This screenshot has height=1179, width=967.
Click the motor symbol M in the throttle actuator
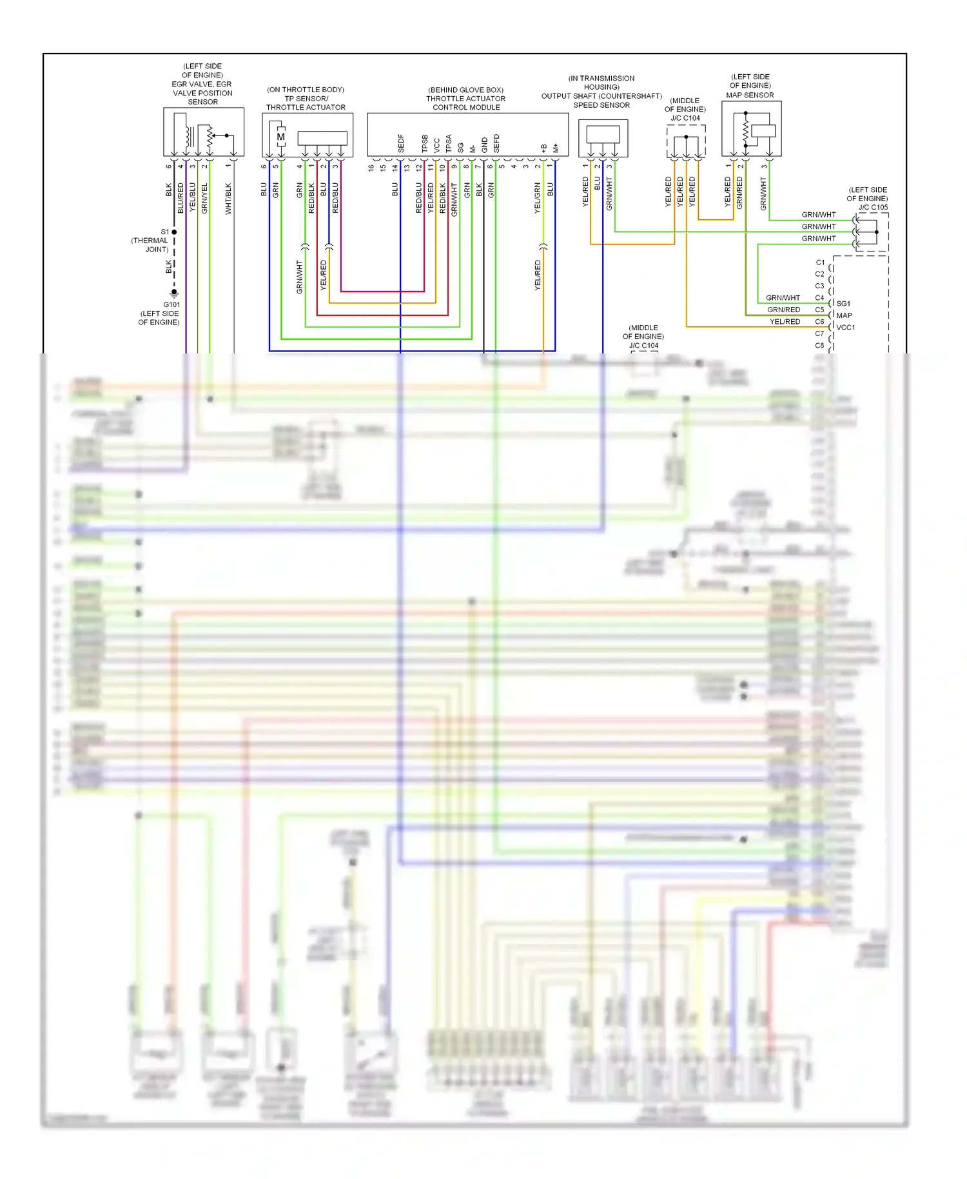pyautogui.click(x=280, y=137)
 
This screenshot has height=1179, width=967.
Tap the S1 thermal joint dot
pyautogui.click(x=174, y=232)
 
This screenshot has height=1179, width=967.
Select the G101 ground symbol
pyautogui.click(x=174, y=293)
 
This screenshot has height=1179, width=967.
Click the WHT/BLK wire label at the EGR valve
pyautogui.click(x=228, y=199)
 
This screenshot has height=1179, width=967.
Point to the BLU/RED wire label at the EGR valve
pyautogui.click(x=181, y=199)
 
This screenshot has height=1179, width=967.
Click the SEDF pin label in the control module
pyautogui.click(x=401, y=144)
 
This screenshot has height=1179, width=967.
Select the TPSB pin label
pyautogui.click(x=425, y=144)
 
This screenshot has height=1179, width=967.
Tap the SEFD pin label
pyautogui.click(x=496, y=144)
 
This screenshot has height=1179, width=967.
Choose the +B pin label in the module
pyautogui.click(x=543, y=148)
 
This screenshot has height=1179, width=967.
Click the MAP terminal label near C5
pyautogui.click(x=844, y=315)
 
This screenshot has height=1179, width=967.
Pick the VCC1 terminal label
pyautogui.click(x=846, y=328)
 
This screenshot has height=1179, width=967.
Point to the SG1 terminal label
pyautogui.click(x=843, y=303)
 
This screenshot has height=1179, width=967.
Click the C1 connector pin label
pyautogui.click(x=820, y=263)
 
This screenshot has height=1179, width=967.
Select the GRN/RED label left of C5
pyautogui.click(x=783, y=310)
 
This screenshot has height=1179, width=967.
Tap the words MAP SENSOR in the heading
pyautogui.click(x=750, y=95)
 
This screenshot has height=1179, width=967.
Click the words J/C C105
pyautogui.click(x=873, y=207)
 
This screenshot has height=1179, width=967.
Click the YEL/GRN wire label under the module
pyautogui.click(x=537, y=198)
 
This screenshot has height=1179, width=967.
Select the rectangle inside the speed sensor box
pyautogui.click(x=603, y=134)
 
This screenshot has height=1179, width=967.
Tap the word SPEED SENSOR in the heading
pyautogui.click(x=601, y=105)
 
